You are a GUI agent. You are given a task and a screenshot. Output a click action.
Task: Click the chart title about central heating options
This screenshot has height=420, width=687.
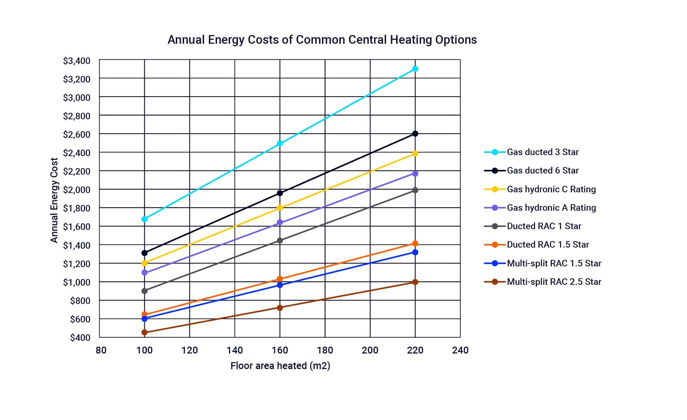[322, 39]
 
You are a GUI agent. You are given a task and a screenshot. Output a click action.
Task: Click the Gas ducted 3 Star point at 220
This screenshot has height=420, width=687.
[415, 69]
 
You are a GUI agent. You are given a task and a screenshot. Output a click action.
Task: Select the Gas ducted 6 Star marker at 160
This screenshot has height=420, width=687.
[280, 193]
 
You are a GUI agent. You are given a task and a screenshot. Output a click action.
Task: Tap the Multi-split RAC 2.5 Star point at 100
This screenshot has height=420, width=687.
[145, 332]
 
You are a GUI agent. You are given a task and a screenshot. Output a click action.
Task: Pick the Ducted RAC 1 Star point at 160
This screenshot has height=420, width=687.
[280, 240]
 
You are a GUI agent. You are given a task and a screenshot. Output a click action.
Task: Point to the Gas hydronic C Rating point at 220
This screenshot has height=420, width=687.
[415, 154]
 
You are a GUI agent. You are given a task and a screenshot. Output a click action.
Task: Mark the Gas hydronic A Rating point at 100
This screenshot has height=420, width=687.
[145, 273]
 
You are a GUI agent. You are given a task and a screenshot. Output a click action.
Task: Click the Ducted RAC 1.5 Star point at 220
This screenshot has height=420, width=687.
[415, 244]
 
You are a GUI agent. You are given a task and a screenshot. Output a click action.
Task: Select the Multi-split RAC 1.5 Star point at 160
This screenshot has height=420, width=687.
[280, 285]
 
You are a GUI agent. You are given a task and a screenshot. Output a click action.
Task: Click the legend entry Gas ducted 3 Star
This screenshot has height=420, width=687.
[542, 152]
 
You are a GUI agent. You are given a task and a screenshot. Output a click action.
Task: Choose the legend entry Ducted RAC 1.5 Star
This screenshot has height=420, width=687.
[548, 245]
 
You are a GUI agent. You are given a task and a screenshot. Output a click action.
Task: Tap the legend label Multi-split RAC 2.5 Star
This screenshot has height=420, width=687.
[554, 282]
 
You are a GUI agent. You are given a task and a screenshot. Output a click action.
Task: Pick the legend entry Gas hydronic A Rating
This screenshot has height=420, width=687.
[551, 208]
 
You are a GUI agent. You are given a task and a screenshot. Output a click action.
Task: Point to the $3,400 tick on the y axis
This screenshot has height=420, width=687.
[76, 61]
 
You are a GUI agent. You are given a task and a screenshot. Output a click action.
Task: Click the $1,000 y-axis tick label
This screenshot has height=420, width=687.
[76, 282]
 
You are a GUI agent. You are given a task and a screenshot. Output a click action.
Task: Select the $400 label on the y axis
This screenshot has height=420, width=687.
[80, 338]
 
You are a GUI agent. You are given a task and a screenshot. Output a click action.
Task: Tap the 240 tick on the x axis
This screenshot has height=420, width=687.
[460, 350]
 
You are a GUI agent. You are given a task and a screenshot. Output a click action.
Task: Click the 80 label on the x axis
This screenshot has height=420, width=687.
[101, 350]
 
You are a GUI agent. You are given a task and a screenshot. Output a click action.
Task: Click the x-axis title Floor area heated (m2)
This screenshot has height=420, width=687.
[280, 366]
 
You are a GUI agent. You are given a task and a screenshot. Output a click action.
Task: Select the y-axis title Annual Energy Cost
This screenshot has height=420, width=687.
[54, 200]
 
